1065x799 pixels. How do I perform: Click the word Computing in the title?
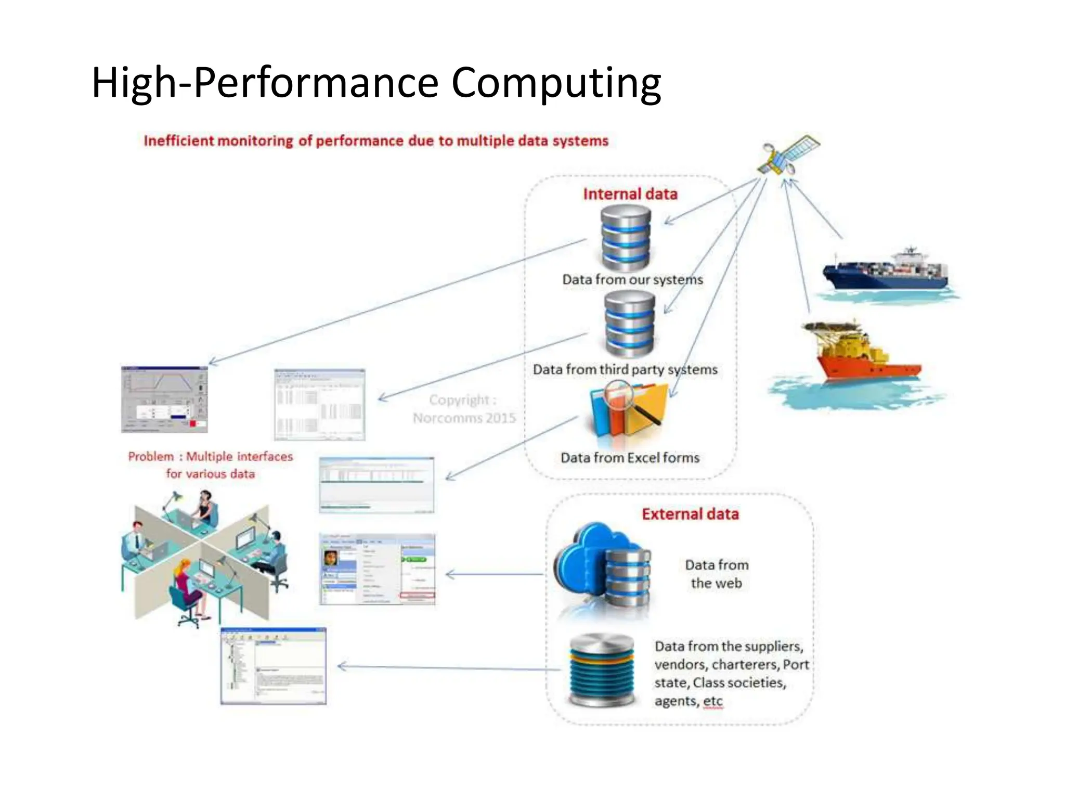pyautogui.click(x=556, y=83)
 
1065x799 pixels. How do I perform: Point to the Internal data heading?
pyautogui.click(x=630, y=194)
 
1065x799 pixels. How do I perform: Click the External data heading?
pyautogui.click(x=690, y=514)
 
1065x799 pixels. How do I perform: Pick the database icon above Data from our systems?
pyautogui.click(x=626, y=238)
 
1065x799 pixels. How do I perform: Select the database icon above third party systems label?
pyautogui.click(x=630, y=324)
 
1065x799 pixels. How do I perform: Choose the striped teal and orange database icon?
pyautogui.click(x=602, y=669)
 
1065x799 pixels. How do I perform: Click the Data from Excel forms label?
pyautogui.click(x=630, y=458)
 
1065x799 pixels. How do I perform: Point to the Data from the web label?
pyautogui.click(x=717, y=574)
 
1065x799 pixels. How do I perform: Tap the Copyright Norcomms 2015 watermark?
pyautogui.click(x=464, y=409)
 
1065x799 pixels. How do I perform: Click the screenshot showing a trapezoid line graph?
pyautogui.click(x=164, y=399)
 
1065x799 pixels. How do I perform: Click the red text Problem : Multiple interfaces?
pyautogui.click(x=210, y=457)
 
